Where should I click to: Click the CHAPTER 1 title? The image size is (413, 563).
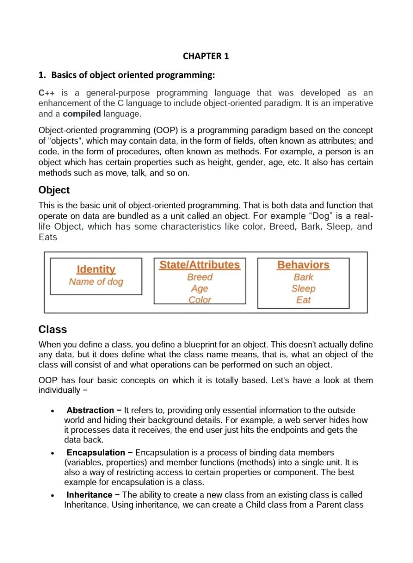tap(206, 56)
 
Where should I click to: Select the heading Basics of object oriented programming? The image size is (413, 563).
tap(133, 75)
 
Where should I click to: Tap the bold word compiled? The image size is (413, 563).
tap(82, 114)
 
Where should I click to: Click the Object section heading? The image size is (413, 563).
tap(54, 190)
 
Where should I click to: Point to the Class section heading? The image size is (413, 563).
tap(53, 329)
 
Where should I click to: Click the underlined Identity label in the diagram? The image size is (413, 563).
tap(96, 269)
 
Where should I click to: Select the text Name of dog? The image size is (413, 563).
tap(96, 281)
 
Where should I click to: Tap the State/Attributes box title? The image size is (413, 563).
tap(199, 265)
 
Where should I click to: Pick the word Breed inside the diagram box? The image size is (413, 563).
tap(199, 277)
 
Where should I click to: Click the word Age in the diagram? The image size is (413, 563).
tap(199, 289)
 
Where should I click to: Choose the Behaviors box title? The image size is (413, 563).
tap(303, 265)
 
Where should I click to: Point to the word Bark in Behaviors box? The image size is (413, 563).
tap(303, 277)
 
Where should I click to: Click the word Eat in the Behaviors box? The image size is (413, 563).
tap(303, 300)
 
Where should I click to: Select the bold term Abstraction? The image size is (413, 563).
tap(90, 410)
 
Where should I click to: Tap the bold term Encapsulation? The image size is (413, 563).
tap(96, 453)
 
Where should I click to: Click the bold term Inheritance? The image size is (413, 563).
tap(89, 495)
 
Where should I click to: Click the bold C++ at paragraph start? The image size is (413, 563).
tap(47, 93)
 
